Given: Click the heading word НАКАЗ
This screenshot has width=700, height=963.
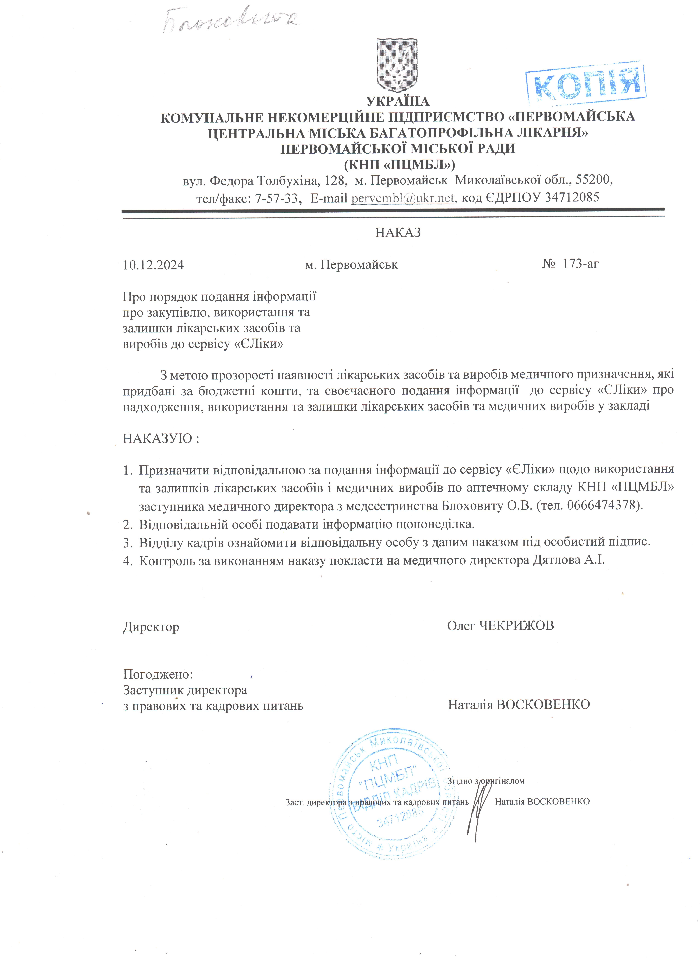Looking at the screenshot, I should click(x=398, y=233).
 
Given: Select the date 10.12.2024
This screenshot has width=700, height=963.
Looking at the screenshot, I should click(x=153, y=265).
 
